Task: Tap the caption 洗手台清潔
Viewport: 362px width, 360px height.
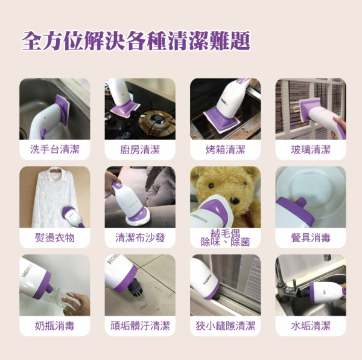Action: coord(54,149)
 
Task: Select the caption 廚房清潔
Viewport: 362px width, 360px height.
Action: coord(140,149)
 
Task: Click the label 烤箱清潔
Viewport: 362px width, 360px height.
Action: coord(225,149)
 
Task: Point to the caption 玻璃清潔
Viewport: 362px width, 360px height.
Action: coord(311,149)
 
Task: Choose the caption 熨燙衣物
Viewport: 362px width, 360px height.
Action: coord(54,237)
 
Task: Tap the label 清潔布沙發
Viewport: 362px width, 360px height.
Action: coord(140,237)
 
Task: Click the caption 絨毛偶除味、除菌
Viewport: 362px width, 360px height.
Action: coord(225,237)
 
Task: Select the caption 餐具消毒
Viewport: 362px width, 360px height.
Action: coord(311,237)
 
